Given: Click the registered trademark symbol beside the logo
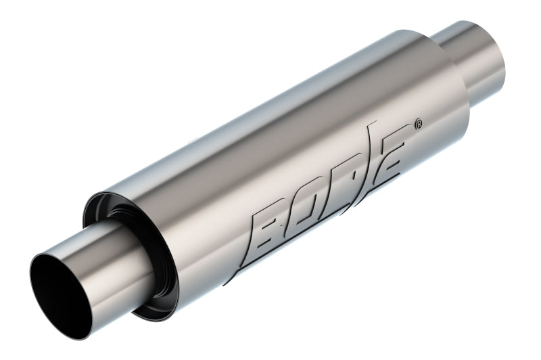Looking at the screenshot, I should coord(419,125).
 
